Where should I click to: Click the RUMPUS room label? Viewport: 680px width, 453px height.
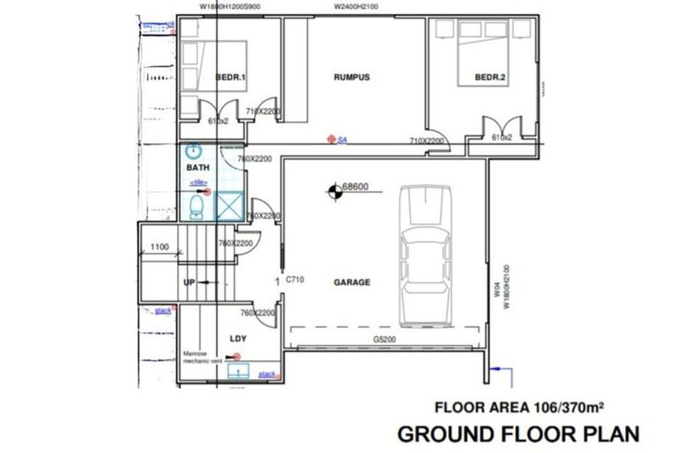pos(352,77)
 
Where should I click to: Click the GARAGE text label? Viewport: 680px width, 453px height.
pos(352,283)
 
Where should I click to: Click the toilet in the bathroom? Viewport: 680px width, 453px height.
pos(197,207)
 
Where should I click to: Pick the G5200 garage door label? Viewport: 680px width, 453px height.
pos(384,338)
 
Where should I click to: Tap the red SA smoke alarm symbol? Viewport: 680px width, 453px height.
pos(331,139)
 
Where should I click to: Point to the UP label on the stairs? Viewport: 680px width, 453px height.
pos(189,282)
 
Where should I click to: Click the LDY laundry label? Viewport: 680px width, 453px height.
pos(237,339)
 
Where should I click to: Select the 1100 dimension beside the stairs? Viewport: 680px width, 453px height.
pos(159,247)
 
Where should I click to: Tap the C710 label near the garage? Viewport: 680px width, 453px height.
pos(295,280)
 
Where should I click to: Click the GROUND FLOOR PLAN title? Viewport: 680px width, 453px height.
pos(517,434)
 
